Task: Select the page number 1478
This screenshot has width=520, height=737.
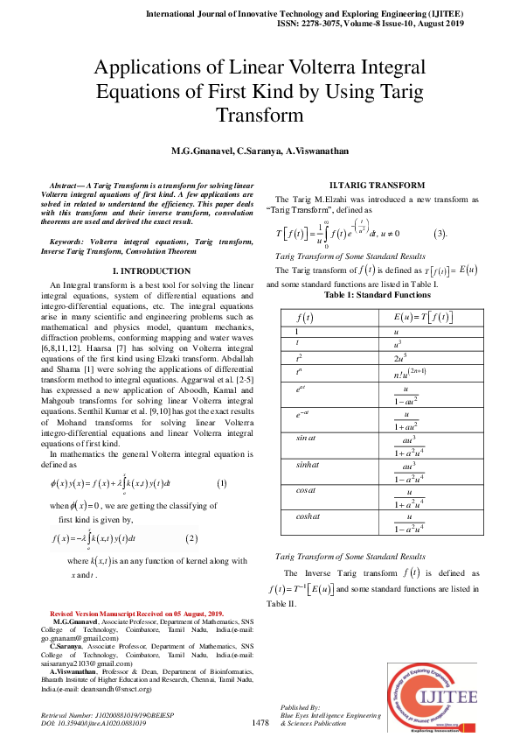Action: [260, 722]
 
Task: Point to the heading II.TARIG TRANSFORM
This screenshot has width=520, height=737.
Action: [377, 185]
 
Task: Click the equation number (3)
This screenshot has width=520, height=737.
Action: [440, 235]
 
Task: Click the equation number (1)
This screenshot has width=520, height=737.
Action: [221, 484]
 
